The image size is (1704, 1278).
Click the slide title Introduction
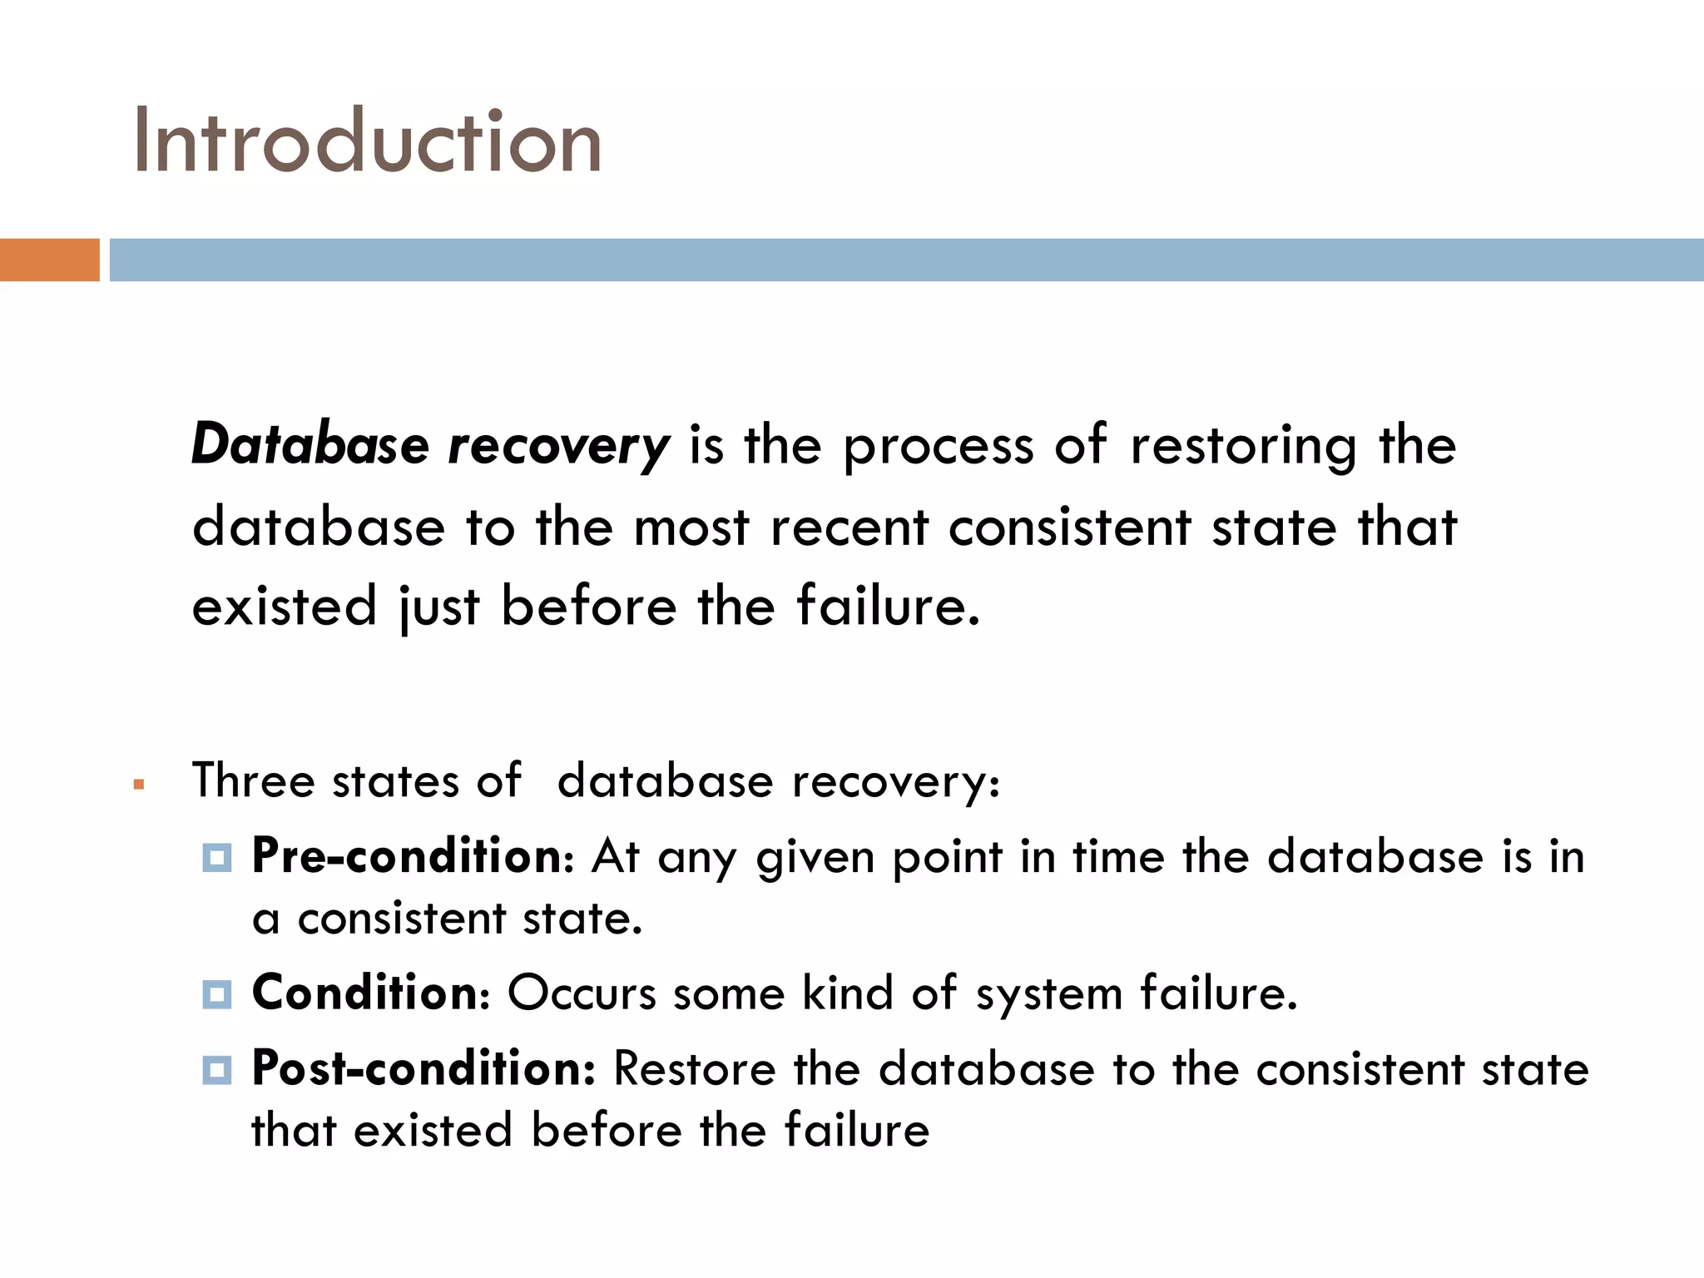pyautogui.click(x=367, y=141)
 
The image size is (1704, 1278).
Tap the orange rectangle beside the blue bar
pyautogui.click(x=49, y=260)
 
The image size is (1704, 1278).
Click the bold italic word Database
pyautogui.click(x=310, y=444)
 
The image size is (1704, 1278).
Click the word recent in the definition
pyautogui.click(x=849, y=528)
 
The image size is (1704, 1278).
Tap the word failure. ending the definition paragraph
pyautogui.click(x=888, y=606)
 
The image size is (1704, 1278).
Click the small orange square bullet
pyautogui.click(x=139, y=784)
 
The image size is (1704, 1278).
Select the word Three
pyautogui.click(x=253, y=781)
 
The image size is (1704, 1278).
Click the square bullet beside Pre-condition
pyautogui.click(x=217, y=857)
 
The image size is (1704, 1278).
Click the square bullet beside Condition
pyautogui.click(x=217, y=993)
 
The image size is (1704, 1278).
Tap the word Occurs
pyautogui.click(x=582, y=993)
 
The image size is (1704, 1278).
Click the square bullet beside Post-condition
pyautogui.click(x=217, y=1069)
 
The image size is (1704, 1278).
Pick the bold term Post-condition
pyautogui.click(x=423, y=1068)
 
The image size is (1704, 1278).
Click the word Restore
pyautogui.click(x=694, y=1069)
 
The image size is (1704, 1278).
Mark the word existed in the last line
pyautogui.click(x=433, y=1131)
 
